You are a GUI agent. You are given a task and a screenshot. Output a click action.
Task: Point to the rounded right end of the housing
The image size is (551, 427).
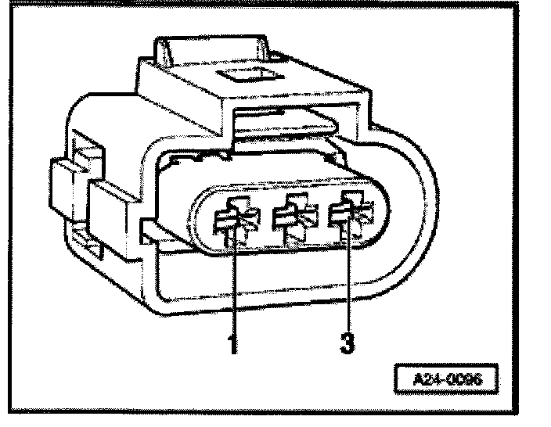pyautogui.click(x=423, y=211)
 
